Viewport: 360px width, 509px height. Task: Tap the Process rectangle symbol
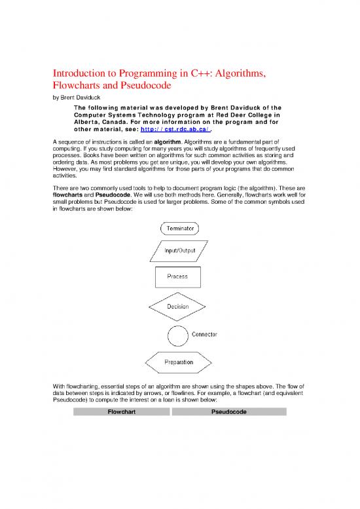point(177,276)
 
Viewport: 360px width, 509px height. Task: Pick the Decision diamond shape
point(178,306)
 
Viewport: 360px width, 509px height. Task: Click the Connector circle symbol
point(177,335)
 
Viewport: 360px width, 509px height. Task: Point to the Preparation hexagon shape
point(178,362)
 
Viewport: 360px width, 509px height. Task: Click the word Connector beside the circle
point(204,335)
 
